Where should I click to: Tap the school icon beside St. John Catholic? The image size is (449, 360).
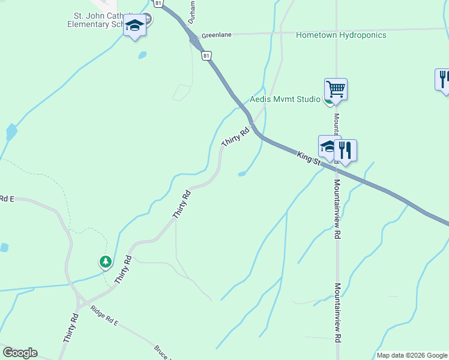point(135,26)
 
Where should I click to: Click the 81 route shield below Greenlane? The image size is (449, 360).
point(206,56)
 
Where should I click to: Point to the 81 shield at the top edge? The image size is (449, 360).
point(157,3)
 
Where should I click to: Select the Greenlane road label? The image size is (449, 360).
point(216,35)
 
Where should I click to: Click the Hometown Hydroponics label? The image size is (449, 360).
point(341,35)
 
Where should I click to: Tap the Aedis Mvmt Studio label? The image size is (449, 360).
point(285,99)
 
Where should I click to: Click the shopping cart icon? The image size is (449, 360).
point(336,89)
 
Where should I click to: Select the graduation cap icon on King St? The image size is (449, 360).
point(328,146)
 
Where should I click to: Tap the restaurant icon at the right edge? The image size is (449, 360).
point(443,79)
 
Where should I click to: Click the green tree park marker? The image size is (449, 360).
point(106,262)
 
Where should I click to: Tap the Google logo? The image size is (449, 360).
point(20,353)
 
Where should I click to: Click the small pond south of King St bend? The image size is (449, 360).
point(242,174)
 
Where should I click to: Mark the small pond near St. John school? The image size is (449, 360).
point(142,55)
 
